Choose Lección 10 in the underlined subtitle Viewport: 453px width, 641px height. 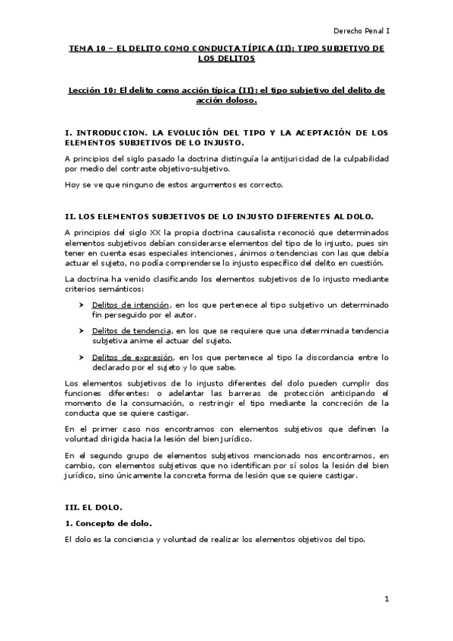(x=90, y=91)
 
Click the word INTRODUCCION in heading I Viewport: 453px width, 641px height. (x=112, y=132)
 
